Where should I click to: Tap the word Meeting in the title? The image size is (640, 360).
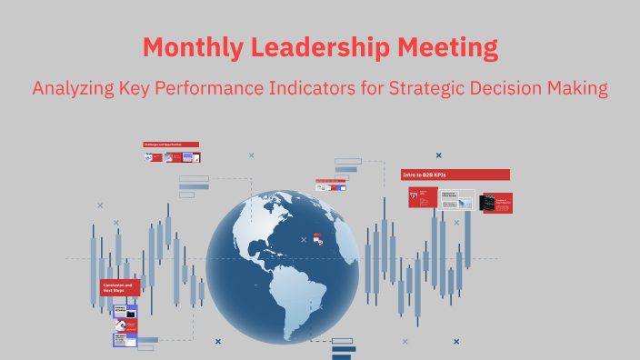click(x=450, y=46)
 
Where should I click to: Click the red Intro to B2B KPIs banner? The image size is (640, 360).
click(x=455, y=175)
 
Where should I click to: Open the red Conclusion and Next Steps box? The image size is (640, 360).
click(x=120, y=287)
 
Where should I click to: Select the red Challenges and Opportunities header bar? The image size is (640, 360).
click(x=171, y=144)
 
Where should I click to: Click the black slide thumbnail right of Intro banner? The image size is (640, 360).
click(x=496, y=203)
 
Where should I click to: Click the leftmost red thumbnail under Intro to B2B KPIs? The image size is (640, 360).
click(x=423, y=196)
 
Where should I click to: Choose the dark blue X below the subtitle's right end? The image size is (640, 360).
click(x=439, y=155)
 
